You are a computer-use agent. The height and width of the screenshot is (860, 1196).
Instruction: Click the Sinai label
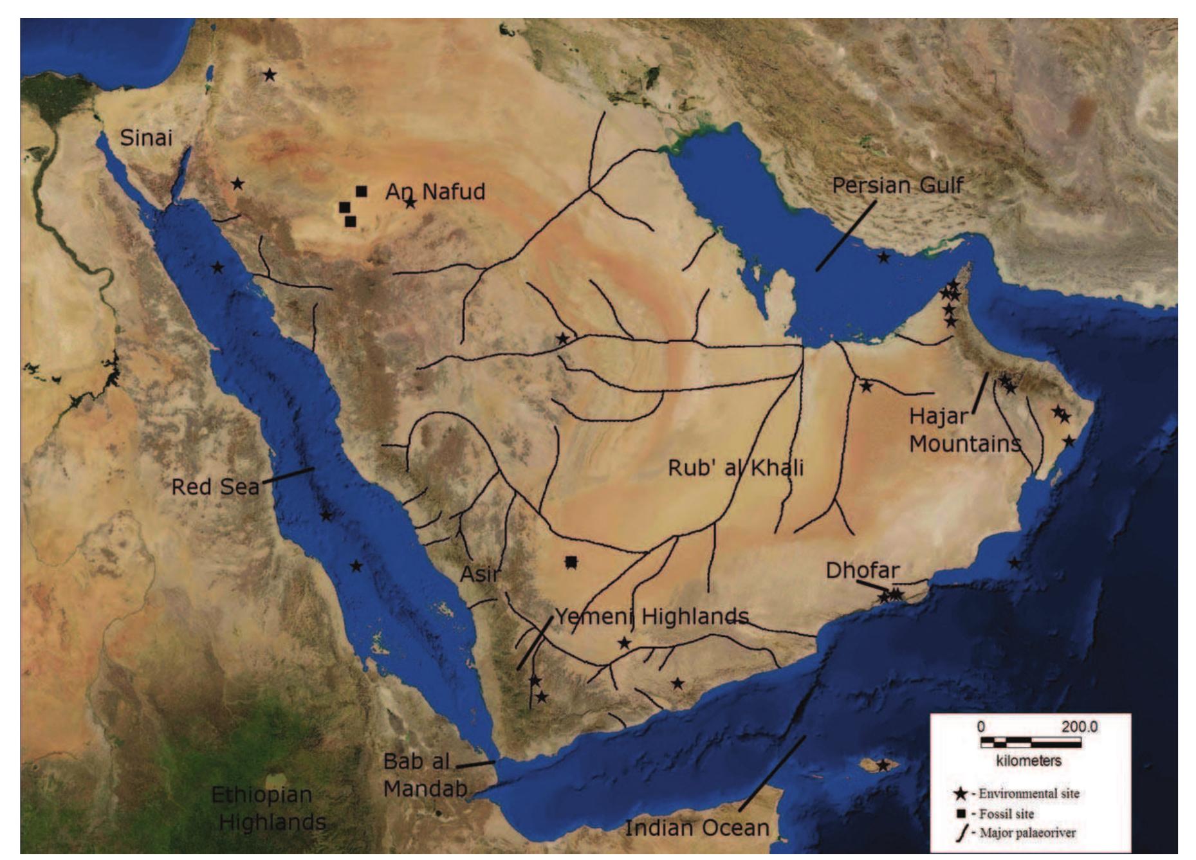146,138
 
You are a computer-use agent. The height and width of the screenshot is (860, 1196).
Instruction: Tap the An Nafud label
435,192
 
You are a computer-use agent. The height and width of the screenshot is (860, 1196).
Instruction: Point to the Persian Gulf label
897,185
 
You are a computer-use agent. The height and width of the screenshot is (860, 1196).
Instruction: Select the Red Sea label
215,487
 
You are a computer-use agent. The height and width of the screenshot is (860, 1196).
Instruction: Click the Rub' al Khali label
735,468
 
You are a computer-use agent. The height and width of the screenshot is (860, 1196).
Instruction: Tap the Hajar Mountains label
964,430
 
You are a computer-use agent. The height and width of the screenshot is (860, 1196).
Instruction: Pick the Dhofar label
862,570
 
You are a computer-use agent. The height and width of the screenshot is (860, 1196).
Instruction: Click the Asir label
479,574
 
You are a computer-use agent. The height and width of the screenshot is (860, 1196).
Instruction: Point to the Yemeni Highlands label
652,616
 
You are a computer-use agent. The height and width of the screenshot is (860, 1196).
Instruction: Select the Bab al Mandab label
425,774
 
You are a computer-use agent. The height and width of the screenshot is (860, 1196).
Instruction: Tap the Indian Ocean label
697,828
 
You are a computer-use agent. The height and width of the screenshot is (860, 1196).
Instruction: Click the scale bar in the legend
1030,742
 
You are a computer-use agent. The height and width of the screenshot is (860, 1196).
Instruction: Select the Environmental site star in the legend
961,794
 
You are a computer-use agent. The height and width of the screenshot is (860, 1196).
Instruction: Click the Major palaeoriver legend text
1027,833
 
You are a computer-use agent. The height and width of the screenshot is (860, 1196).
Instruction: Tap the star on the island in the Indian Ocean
883,765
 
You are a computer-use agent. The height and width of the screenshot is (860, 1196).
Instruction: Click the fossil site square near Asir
571,562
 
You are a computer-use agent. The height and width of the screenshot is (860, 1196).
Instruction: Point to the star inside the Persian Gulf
884,257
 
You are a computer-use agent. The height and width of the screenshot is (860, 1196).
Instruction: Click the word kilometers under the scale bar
1029,761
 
